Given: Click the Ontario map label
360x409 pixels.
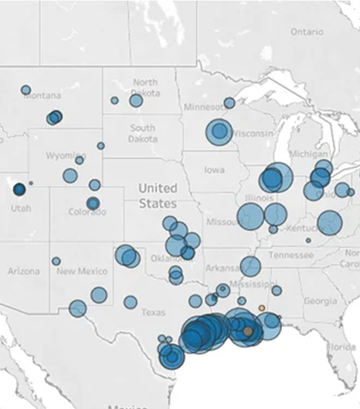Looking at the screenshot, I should tap(307, 32).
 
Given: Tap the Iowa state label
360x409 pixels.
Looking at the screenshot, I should tap(214, 170).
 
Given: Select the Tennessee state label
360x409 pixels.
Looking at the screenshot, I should tap(291, 255).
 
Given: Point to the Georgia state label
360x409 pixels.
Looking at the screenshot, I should tap(320, 301).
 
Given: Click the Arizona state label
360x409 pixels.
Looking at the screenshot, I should tap(24, 271).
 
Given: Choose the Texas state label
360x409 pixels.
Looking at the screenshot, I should tap(153, 312).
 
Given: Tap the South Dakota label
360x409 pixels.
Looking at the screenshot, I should tap(142, 133).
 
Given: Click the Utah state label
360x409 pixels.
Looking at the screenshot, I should tap(20, 207).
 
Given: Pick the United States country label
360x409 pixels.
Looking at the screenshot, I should tap(157, 196).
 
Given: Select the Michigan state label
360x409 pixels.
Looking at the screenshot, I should tap(307, 154).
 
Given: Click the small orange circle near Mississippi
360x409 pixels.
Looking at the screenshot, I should tap(262, 308).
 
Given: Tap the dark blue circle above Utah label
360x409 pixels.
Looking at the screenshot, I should tap(19, 189).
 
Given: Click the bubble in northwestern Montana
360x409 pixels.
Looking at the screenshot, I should tap(25, 90).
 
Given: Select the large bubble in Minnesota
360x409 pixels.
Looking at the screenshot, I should tap(219, 132).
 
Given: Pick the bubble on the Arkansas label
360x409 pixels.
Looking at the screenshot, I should tap(251, 266).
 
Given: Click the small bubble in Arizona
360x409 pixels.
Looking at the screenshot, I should tap(56, 261).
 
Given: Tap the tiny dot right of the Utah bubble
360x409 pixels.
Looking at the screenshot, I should tap(31, 183).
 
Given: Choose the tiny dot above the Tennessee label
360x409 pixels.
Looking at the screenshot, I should tap(308, 240).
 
